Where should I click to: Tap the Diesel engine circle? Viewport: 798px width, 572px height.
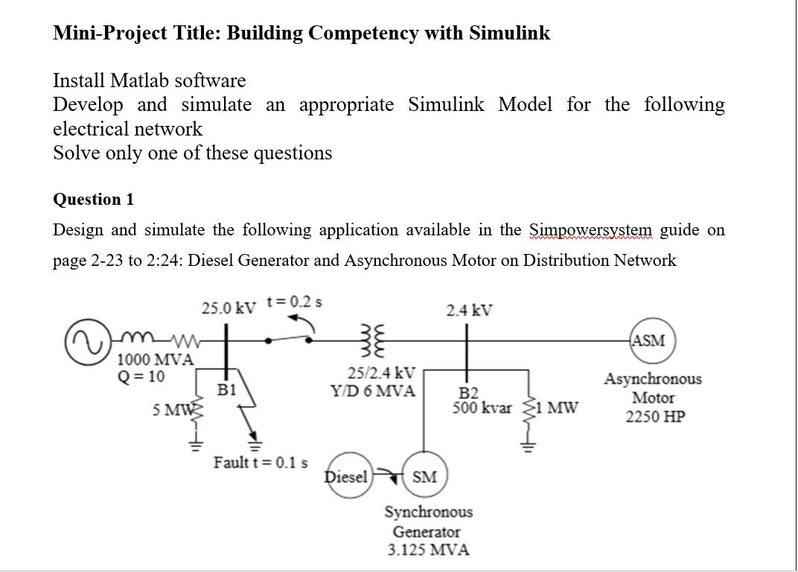(347, 477)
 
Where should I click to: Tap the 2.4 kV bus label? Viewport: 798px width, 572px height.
(469, 310)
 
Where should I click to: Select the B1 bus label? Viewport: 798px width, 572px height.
(227, 389)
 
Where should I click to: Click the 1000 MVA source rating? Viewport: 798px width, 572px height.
(156, 360)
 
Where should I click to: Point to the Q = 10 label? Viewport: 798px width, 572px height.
(141, 376)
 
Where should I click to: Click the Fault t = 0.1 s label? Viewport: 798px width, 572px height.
(261, 463)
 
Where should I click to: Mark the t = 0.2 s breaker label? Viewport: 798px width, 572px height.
(294, 302)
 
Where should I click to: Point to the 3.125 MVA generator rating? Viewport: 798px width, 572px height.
(428, 550)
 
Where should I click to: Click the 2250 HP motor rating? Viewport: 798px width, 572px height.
(654, 416)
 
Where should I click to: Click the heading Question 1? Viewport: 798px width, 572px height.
(94, 200)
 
